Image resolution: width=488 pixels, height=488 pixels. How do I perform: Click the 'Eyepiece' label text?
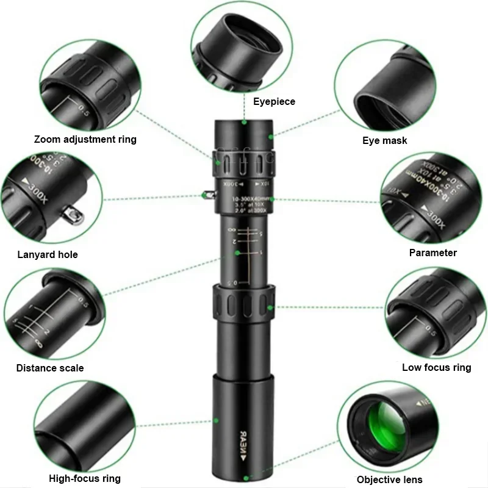pos(274,102)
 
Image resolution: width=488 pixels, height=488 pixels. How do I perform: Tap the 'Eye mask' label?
pos(384,141)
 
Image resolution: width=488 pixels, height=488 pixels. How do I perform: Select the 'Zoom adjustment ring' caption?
pos(85,139)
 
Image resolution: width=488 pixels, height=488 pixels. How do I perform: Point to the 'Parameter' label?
pos(432,253)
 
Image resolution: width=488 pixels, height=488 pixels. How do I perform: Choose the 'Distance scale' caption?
pos(50,368)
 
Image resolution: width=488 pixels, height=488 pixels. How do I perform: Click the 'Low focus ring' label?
pos(436,367)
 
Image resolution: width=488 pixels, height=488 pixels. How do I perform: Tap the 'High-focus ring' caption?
pos(85,478)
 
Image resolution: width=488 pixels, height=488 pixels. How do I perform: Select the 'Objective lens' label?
pos(389,479)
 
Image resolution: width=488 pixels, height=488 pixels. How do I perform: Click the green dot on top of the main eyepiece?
pos(244,122)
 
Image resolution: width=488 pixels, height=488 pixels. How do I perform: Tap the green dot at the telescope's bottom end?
pos(245,479)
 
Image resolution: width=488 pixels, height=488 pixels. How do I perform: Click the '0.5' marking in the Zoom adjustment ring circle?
pos(84,112)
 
